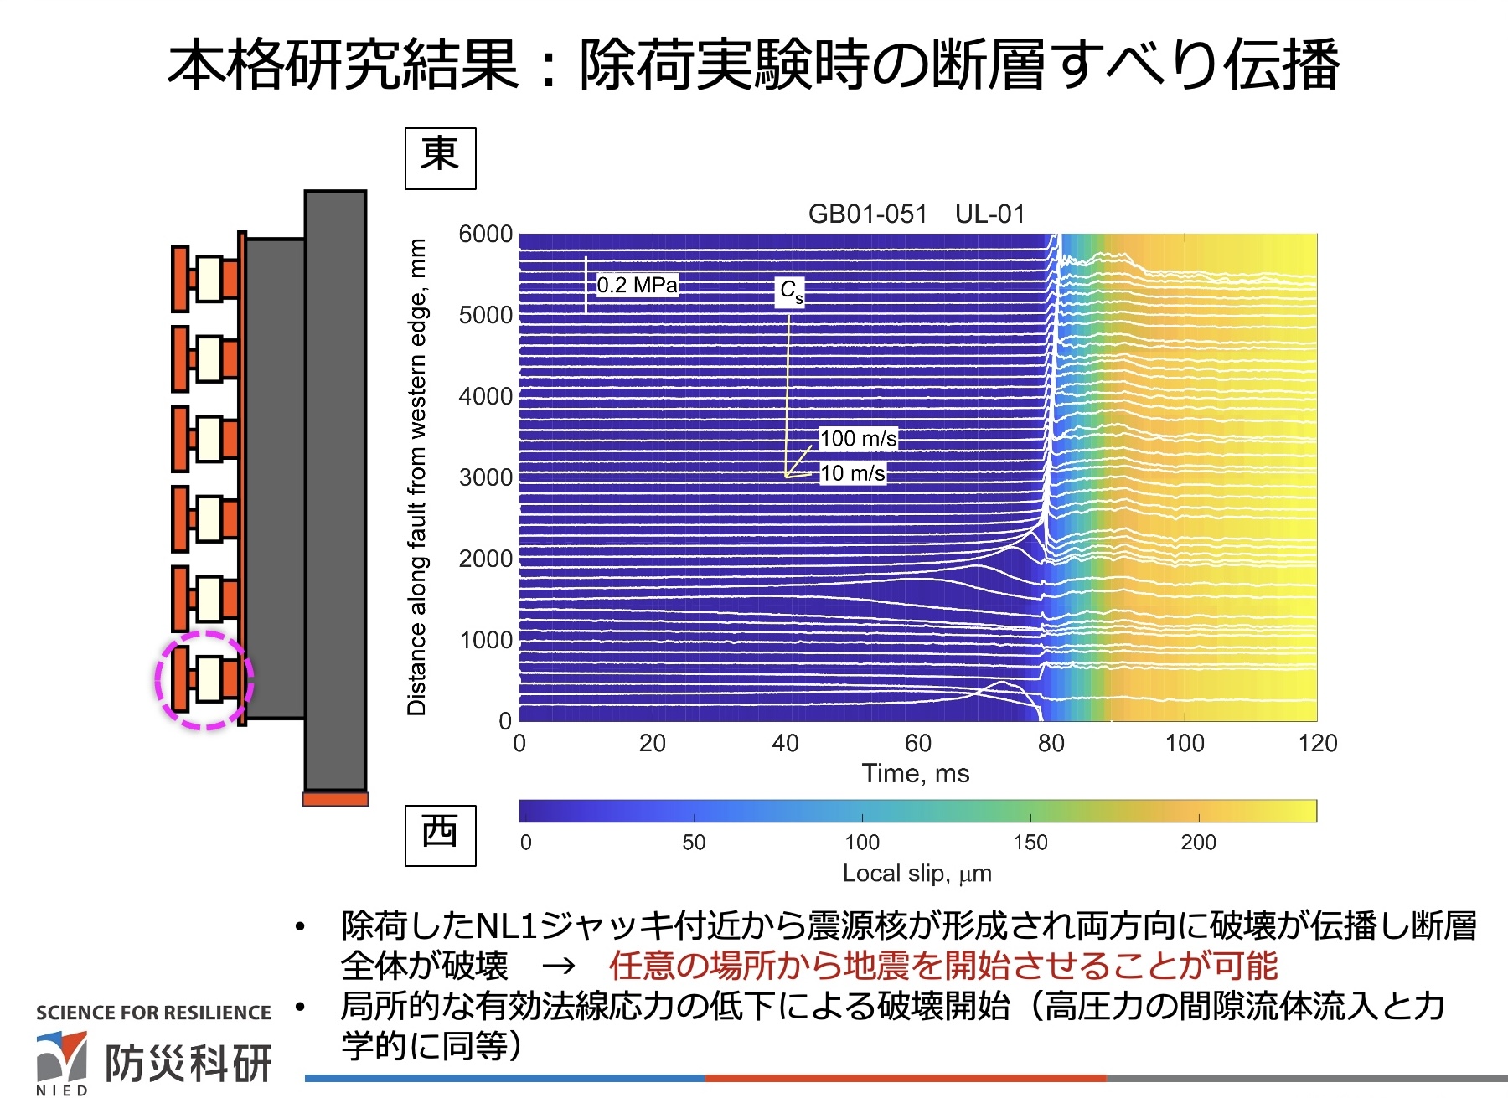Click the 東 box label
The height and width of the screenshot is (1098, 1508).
440,157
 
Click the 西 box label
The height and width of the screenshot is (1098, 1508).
440,835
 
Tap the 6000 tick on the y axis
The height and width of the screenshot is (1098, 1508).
485,235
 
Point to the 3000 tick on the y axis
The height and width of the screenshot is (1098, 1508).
485,477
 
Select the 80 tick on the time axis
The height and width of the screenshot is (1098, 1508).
1051,743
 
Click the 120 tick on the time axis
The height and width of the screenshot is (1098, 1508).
1317,743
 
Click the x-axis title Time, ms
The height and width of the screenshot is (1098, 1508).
916,773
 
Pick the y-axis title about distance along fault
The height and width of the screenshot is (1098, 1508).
416,477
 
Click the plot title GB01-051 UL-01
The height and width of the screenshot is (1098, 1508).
917,214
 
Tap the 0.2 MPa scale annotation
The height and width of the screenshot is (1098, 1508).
637,286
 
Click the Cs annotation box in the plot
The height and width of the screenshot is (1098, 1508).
791,291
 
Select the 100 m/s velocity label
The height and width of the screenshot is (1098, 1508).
858,439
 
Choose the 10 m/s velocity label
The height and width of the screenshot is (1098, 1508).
852,473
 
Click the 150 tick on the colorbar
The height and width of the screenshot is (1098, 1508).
1030,843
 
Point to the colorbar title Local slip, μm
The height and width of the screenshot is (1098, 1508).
917,874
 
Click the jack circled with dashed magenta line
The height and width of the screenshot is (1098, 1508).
205,679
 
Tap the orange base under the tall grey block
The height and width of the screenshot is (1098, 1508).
335,799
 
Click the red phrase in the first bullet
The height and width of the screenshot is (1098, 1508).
942,967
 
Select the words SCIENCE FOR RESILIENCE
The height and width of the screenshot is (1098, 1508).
153,1013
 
